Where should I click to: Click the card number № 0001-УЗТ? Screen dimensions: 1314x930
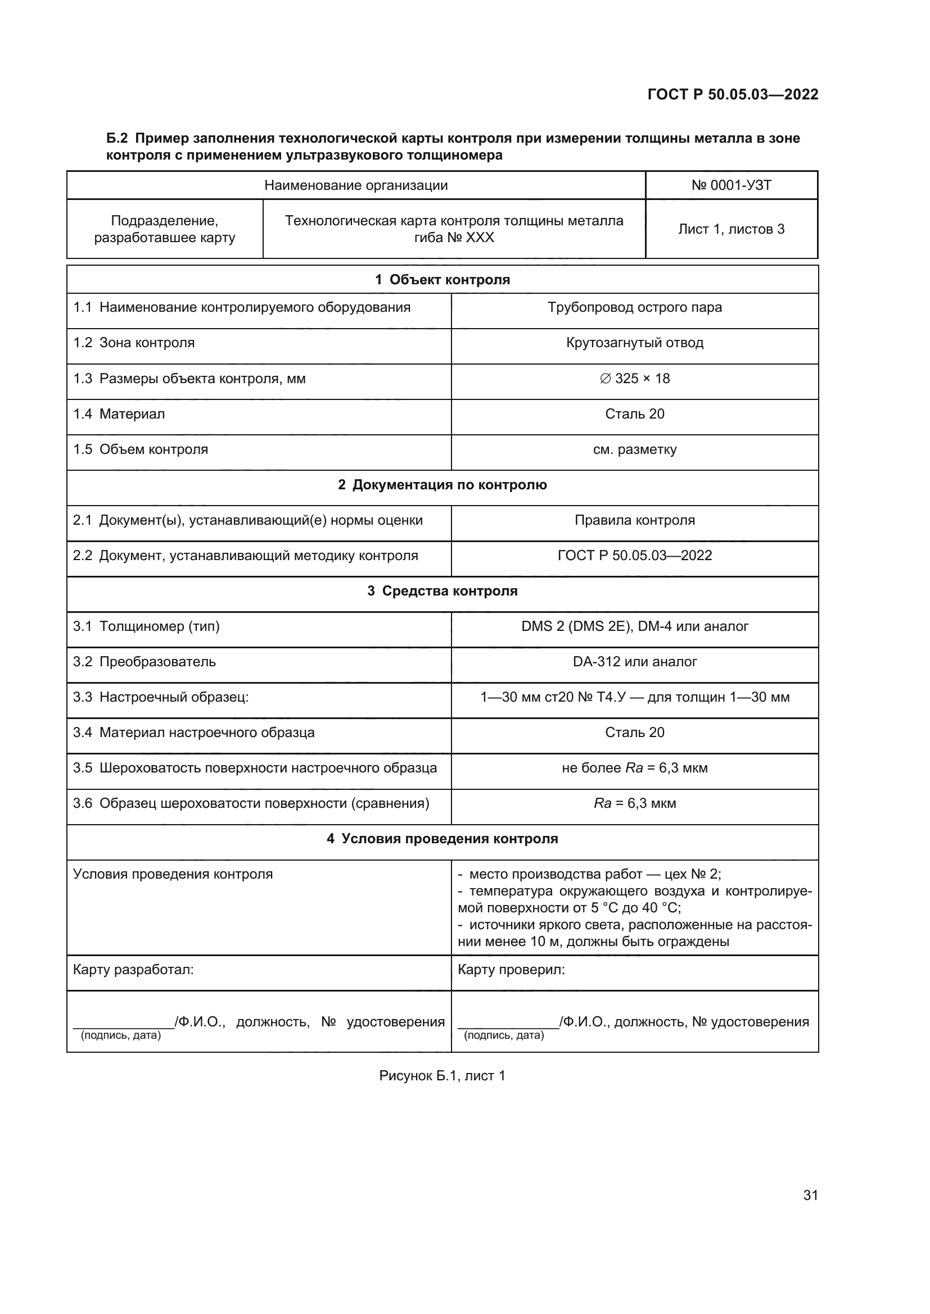click(x=732, y=185)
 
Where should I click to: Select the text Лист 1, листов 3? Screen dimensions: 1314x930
click(x=732, y=230)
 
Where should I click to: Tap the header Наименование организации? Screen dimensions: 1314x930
click(x=355, y=185)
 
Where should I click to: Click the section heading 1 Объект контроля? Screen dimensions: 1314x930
click(x=442, y=280)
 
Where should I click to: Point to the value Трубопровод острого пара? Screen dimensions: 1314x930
click(x=634, y=307)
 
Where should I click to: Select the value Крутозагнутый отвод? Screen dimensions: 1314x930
click(x=634, y=343)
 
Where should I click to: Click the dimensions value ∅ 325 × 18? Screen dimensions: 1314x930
click(x=634, y=378)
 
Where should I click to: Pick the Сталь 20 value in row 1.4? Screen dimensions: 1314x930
click(x=634, y=414)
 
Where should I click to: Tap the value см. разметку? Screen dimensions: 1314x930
click(x=634, y=449)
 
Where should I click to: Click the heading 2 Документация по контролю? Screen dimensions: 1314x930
click(x=442, y=485)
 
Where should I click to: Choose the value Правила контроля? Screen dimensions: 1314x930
click(x=634, y=520)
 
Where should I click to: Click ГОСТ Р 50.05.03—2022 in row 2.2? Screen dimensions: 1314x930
click(x=634, y=556)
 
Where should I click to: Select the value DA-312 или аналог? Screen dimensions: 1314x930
click(x=634, y=662)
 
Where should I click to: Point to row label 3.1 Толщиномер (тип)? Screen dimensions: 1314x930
click(x=147, y=626)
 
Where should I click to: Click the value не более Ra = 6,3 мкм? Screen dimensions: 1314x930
click(x=634, y=768)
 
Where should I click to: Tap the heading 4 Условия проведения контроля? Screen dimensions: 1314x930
click(x=442, y=839)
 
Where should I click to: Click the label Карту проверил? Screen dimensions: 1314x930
click(x=511, y=970)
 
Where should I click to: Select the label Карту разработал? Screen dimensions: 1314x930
click(x=133, y=970)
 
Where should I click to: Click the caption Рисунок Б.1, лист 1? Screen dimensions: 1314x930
click(x=442, y=1076)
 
